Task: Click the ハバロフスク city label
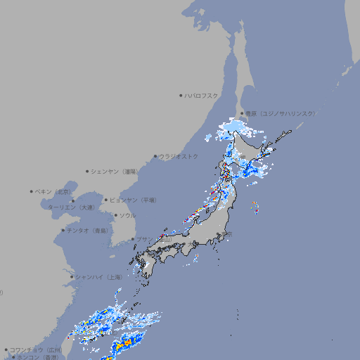tap(202, 95)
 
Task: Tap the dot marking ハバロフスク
tap(181, 95)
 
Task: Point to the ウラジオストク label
tap(179, 156)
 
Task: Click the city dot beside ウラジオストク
tap(155, 156)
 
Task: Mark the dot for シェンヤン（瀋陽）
tap(88, 171)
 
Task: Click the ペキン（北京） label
tap(53, 191)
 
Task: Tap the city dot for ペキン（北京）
tap(32, 191)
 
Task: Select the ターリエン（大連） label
tap(71, 207)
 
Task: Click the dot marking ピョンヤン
tap(107, 200)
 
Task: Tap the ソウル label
tap(127, 215)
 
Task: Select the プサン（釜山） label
tap(153, 239)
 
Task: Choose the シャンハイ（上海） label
tap(98, 277)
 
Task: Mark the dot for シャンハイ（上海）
tap(72, 277)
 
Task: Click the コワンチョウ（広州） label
tap(35, 349)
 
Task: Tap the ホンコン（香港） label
tap(38, 357)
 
